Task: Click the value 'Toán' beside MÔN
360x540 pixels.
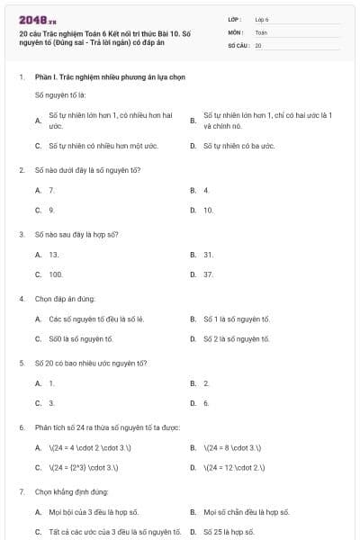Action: click(x=261, y=31)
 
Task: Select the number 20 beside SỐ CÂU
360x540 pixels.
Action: click(x=258, y=44)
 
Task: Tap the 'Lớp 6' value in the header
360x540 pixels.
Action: click(x=262, y=19)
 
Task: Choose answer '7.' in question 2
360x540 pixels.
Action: click(x=51, y=190)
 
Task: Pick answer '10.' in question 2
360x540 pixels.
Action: click(x=208, y=210)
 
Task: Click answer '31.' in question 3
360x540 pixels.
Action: click(x=208, y=254)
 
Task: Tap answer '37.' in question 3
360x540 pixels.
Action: click(x=208, y=274)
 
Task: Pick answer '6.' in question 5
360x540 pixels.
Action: click(x=206, y=402)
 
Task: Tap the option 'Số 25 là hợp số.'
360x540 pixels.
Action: click(x=229, y=532)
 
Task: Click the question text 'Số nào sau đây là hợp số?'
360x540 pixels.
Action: click(x=76, y=234)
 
